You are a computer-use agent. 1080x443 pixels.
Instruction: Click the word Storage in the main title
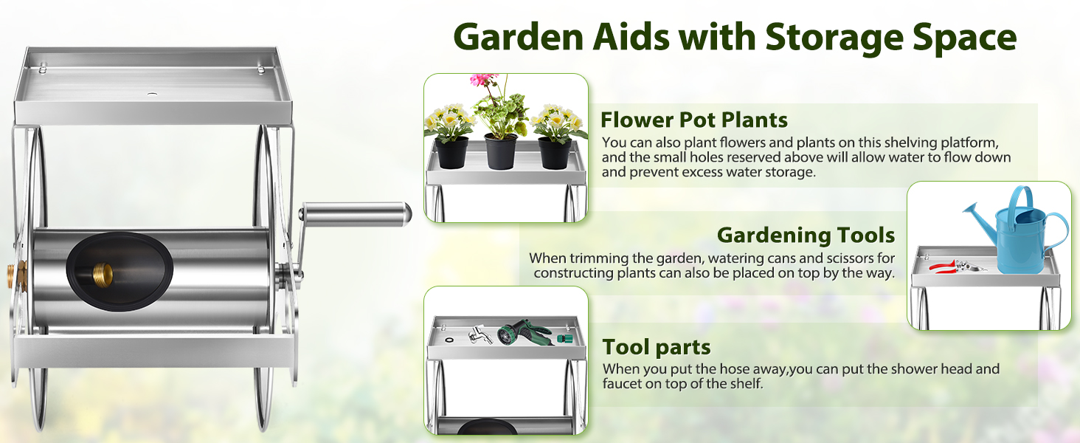[834, 38]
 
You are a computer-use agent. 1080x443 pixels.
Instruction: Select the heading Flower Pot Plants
[693, 120]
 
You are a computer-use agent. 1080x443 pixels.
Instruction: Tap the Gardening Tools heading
[806, 235]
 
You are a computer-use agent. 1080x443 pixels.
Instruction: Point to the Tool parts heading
[657, 347]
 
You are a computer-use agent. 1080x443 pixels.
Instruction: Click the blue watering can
[1017, 232]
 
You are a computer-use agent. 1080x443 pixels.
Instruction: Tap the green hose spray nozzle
[524, 332]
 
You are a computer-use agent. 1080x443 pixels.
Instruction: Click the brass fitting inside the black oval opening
[103, 275]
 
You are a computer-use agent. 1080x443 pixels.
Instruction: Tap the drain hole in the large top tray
[153, 94]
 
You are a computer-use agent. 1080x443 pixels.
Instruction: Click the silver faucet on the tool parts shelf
[480, 334]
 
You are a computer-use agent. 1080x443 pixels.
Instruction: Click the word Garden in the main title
[519, 38]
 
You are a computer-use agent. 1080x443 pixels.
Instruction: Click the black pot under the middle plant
[500, 151]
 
